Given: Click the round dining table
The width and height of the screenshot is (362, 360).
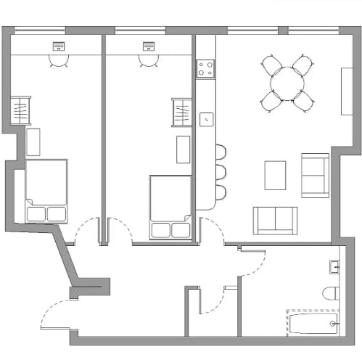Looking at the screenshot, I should pos(287,84).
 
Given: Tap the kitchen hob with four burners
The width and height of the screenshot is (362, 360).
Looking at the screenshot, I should pos(205,69).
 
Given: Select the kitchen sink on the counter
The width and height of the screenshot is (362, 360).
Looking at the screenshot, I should pos(206,118).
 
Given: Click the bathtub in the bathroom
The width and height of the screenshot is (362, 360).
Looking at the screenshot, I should pos(313,322).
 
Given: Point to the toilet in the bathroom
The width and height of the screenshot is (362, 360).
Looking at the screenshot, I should pos(331,293).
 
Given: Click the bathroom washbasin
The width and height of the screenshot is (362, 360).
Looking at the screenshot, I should pos(334,267).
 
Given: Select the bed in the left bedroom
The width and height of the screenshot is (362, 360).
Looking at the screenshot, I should pos(46,191).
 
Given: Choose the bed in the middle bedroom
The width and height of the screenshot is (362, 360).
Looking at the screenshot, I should pos(170,206).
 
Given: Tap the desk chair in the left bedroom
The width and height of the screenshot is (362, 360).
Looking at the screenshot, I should pos(57,62).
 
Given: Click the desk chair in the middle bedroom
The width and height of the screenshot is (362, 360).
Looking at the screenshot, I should pos(149,62).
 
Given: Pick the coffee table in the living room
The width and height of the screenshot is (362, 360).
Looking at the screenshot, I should pos(275,175).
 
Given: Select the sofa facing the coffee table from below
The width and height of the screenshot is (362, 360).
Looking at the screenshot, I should pos(275,219).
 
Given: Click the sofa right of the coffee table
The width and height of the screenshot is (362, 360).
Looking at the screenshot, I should pos(315,175).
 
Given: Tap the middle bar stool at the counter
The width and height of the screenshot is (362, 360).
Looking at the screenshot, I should pos(220,173).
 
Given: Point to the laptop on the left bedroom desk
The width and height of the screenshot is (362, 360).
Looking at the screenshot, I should pos(58,46).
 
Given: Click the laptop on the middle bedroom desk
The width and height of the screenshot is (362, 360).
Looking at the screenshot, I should pos(149,46).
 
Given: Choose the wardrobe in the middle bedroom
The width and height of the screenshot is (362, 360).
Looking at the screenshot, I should pos(181,112).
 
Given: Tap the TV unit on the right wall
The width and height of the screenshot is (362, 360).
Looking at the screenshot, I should pos(347,91).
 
